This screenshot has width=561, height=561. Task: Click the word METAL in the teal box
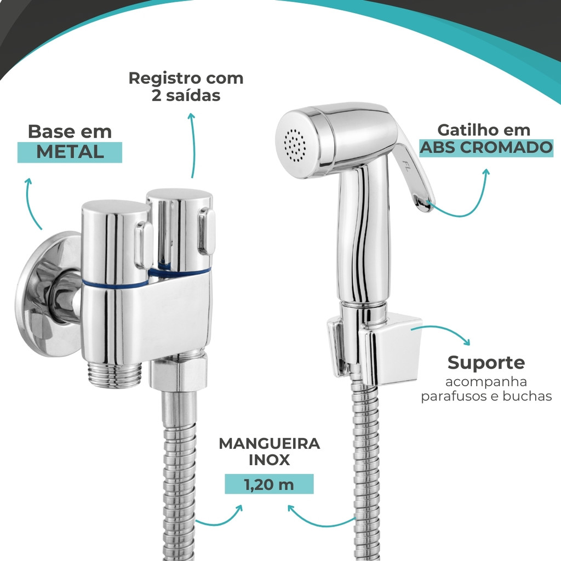pyautogui.click(x=70, y=152)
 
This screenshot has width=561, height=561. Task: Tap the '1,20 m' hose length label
pyautogui.click(x=269, y=484)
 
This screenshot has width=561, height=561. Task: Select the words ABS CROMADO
pyautogui.click(x=486, y=147)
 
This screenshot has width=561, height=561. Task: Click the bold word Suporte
pyautogui.click(x=486, y=363)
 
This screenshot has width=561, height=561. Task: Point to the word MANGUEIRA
pyautogui.click(x=270, y=444)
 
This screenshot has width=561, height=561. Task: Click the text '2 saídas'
pyautogui.click(x=186, y=95)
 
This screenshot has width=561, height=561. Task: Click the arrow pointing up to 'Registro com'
pyautogui.click(x=193, y=145)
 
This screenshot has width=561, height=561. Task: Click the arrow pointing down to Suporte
pyautogui.click(x=444, y=329)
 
